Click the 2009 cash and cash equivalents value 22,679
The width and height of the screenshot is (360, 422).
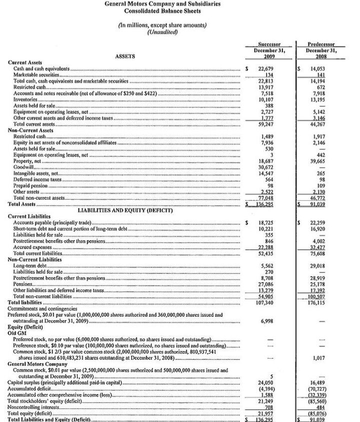coord(268,68)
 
